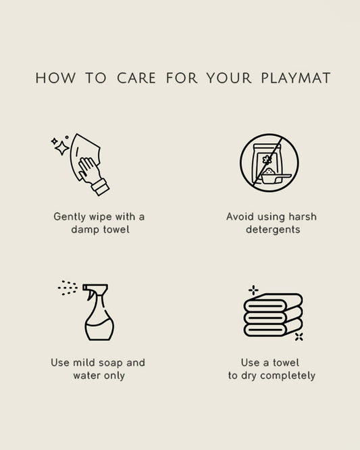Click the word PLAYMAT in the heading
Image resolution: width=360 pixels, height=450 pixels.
(296, 78)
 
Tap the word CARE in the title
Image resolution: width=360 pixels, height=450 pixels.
(136, 78)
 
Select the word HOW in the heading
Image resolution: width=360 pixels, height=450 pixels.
(55, 78)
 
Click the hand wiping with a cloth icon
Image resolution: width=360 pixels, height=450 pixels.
(80, 164)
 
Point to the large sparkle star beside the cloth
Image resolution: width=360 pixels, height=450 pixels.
(61, 148)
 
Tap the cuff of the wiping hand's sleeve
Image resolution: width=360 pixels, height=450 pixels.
(100, 187)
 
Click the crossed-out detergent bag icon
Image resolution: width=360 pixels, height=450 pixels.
(269, 163)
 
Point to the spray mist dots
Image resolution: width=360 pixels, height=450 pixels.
(68, 288)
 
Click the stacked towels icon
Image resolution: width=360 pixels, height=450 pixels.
(273, 315)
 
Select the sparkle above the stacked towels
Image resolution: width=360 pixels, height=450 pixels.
(253, 290)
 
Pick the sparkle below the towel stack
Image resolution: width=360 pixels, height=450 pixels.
(299, 336)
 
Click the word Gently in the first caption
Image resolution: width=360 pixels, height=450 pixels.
(70, 217)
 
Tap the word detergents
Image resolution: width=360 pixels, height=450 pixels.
(273, 230)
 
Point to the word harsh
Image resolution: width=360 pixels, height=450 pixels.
(303, 217)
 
